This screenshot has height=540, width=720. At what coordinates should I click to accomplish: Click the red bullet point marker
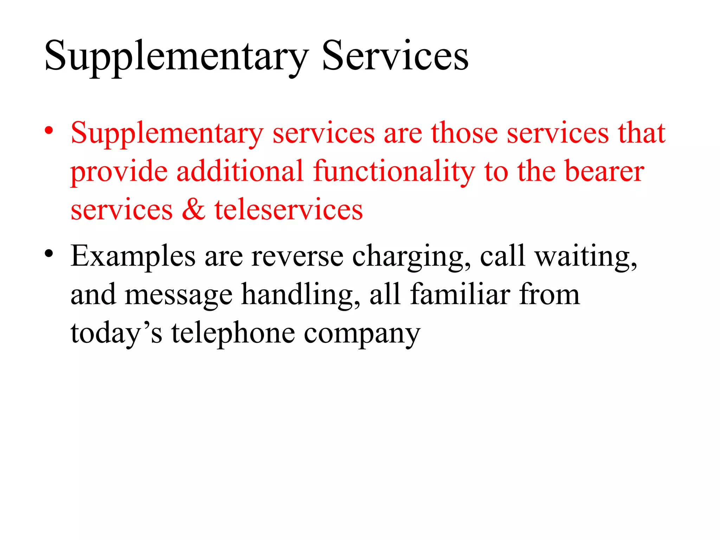[x=49, y=131]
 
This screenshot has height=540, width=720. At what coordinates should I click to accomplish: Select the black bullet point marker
[x=49, y=253]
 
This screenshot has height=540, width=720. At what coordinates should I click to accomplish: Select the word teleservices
[x=289, y=210]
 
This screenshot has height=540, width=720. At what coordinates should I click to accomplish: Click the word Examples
[x=133, y=257]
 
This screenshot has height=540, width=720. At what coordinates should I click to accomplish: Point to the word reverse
[x=297, y=256]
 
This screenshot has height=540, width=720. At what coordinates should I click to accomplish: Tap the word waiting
[x=586, y=257]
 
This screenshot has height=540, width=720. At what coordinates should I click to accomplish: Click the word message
[x=179, y=296]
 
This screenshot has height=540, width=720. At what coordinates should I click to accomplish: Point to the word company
[x=362, y=334]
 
